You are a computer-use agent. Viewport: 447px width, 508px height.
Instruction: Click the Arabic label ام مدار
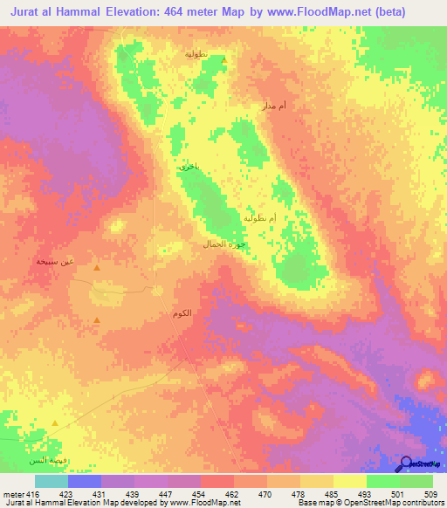point(274,106)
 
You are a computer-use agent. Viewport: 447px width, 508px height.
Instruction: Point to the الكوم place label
point(181,312)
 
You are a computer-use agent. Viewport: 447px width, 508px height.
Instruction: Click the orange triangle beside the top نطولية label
point(223,60)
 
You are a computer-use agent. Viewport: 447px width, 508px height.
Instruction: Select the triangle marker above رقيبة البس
point(55,423)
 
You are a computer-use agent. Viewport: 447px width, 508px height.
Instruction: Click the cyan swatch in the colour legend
point(52,480)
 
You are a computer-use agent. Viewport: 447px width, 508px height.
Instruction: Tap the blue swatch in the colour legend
point(85,480)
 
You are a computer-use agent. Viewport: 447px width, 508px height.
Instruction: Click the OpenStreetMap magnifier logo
point(405,463)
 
